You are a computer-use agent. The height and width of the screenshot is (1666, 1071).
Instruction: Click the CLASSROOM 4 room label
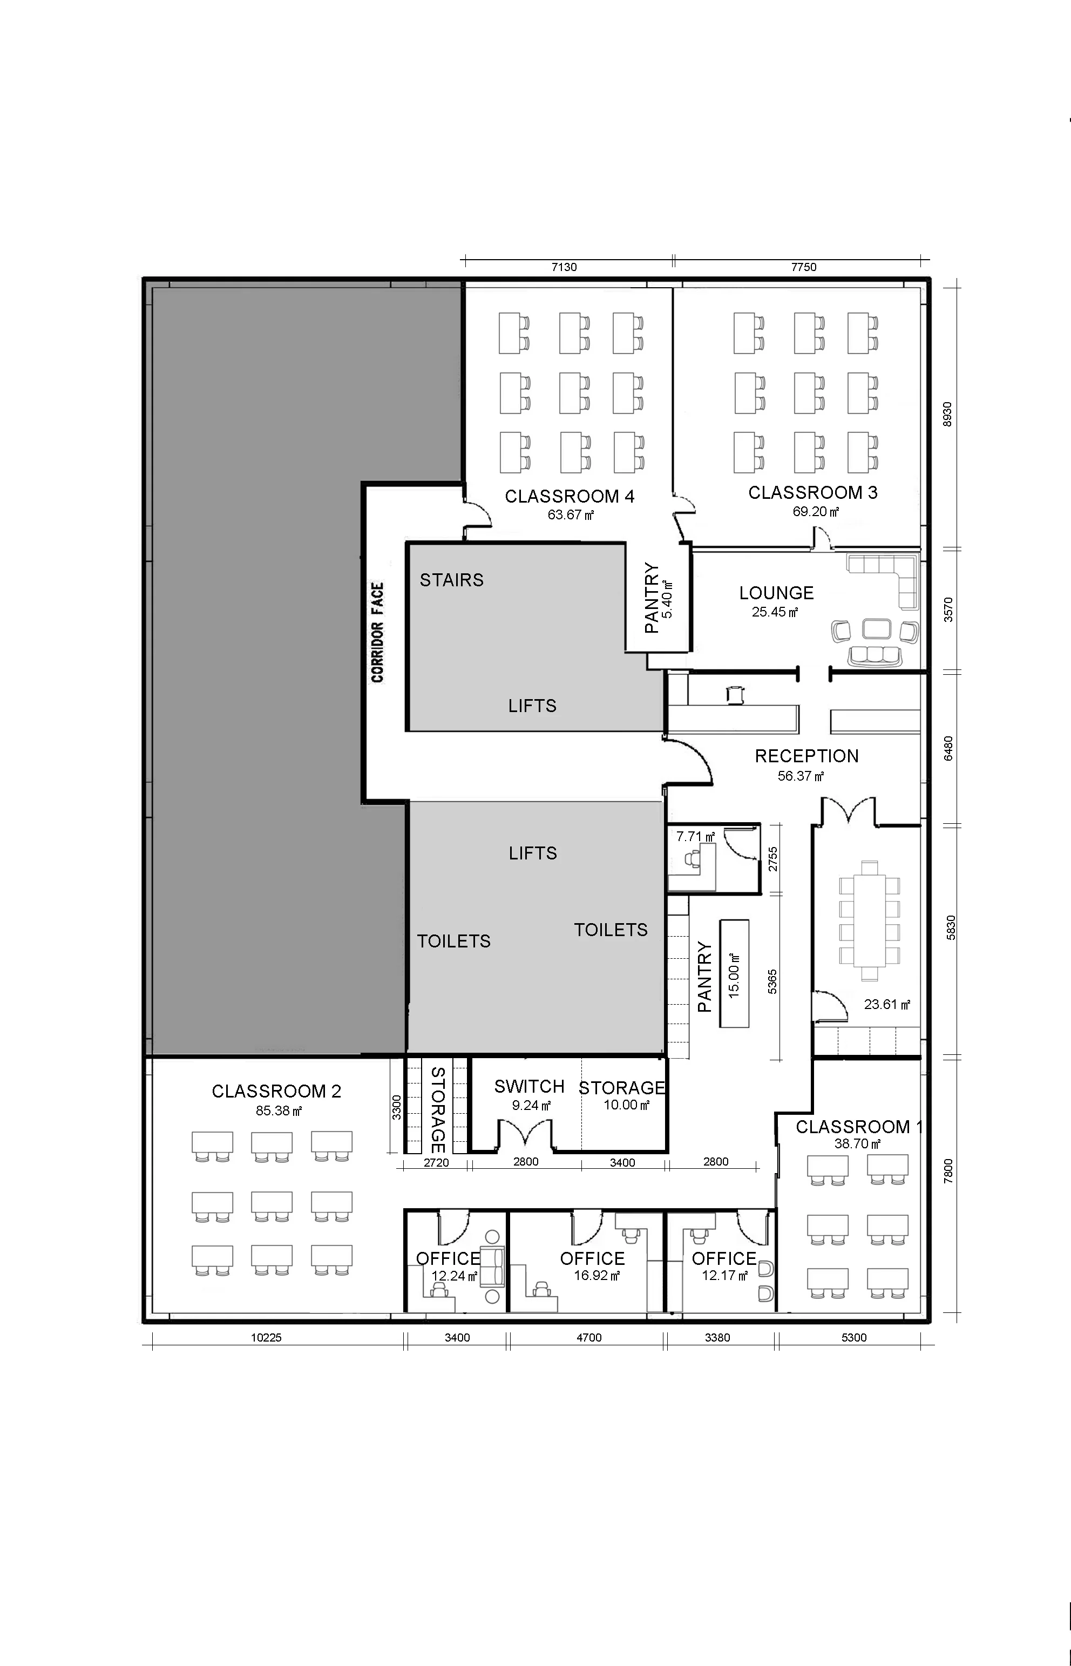coord(570,497)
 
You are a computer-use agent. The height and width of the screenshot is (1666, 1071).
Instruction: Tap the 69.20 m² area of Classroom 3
coord(816,512)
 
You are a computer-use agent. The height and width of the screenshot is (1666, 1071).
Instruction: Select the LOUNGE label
coord(776,593)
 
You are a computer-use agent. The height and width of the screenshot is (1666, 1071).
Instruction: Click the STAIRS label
coord(451,580)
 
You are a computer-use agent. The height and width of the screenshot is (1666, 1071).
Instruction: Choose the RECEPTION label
coord(806,756)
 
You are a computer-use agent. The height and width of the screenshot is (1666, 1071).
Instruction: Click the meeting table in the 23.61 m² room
coord(869,920)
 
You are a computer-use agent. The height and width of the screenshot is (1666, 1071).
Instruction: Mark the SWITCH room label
coord(529,1086)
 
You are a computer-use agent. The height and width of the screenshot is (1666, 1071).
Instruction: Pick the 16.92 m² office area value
coord(596,1275)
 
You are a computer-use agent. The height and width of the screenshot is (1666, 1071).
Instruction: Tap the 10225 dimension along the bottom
coord(266,1337)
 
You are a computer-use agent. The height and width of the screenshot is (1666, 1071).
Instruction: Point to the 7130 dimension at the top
coord(564,267)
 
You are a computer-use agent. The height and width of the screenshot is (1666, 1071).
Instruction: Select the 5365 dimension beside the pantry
coord(772,981)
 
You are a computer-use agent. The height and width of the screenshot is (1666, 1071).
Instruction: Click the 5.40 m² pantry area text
coord(668,599)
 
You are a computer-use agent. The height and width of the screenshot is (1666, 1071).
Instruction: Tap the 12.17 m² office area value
coord(724,1275)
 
